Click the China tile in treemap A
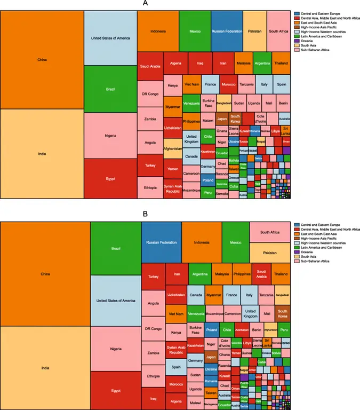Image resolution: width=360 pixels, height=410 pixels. [x=42, y=59]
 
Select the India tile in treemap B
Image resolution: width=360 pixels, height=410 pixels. [x=42, y=368]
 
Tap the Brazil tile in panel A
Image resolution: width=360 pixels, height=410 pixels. [x=110, y=89]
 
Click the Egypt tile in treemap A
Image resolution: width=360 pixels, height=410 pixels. [x=110, y=178]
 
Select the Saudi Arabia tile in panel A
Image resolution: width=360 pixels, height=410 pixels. [x=150, y=66]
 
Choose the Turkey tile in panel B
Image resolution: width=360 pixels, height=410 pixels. [x=153, y=277]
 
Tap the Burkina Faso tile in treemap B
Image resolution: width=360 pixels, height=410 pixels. [x=196, y=330]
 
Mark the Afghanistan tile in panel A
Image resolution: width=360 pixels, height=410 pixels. [x=173, y=148]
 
